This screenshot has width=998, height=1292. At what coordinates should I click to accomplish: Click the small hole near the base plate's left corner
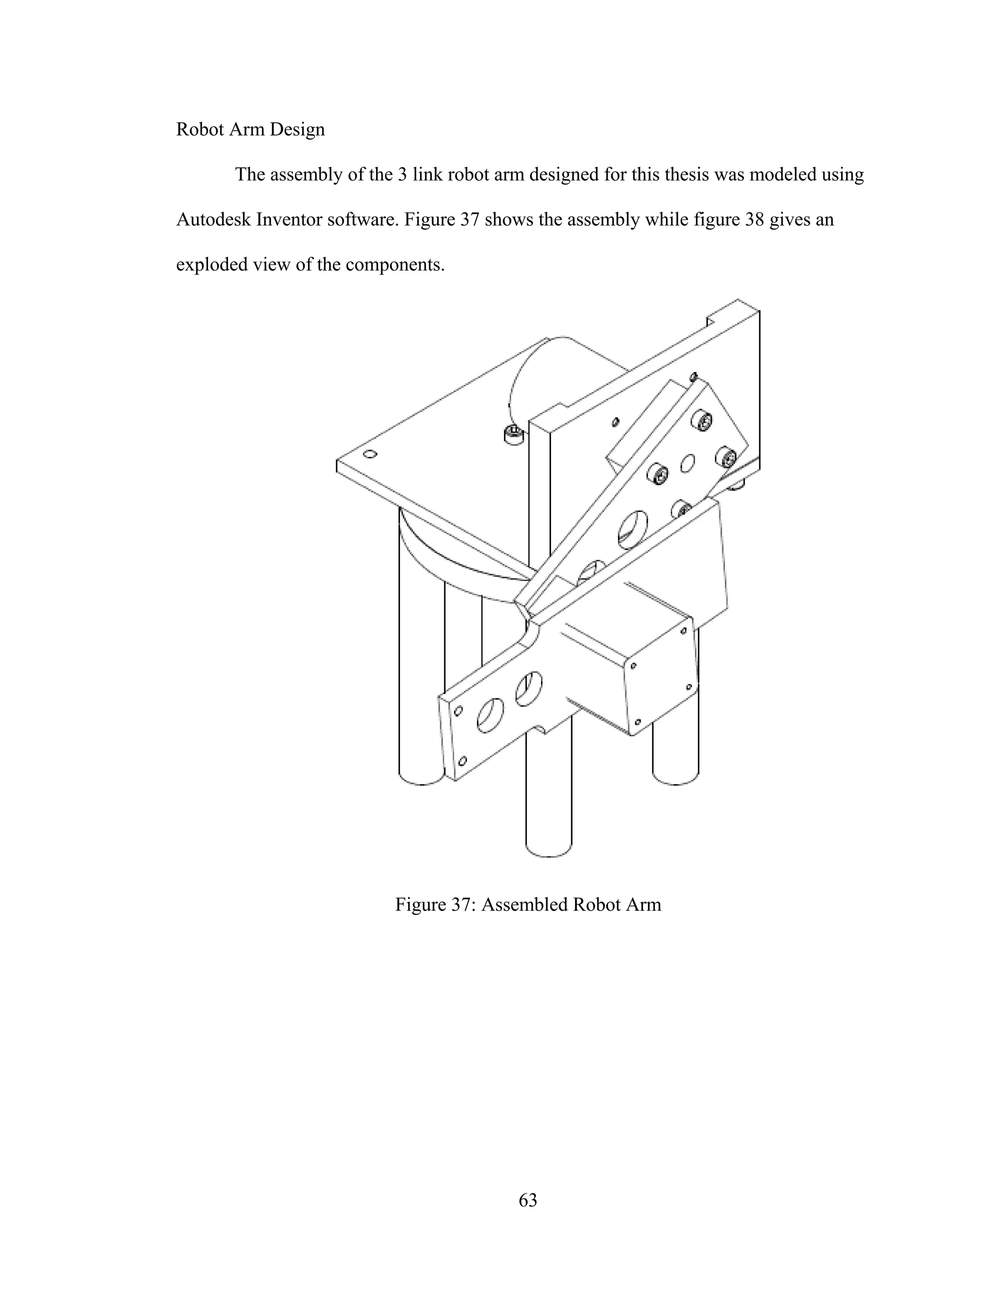[371, 454]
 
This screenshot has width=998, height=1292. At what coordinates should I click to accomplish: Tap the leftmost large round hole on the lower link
[490, 716]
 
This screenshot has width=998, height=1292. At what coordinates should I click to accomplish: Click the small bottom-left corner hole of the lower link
[463, 761]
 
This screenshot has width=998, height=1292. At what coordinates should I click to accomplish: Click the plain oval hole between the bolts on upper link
[688, 463]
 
